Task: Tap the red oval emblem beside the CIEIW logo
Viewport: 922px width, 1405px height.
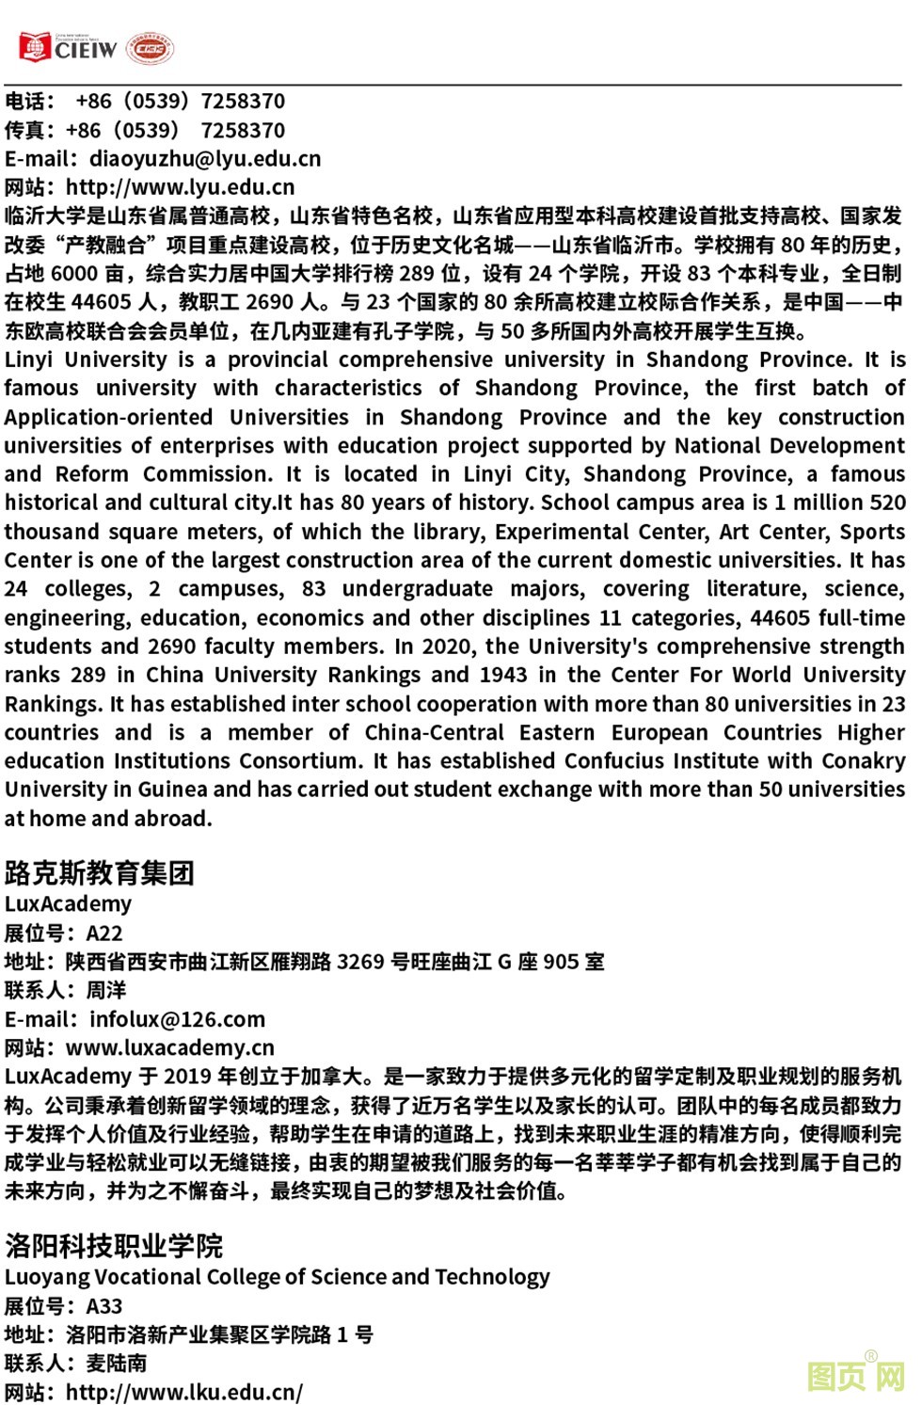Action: pyautogui.click(x=151, y=49)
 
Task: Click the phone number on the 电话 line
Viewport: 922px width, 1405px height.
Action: pyautogui.click(x=180, y=102)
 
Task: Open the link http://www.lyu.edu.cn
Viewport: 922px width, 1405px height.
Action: pyautogui.click(x=180, y=187)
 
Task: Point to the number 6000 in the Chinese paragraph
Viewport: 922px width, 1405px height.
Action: pyautogui.click(x=74, y=274)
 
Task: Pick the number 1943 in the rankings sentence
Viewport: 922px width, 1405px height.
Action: pyautogui.click(x=503, y=675)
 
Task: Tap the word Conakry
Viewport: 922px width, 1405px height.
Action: pyautogui.click(x=864, y=760)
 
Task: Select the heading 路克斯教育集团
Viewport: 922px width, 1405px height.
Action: pyautogui.click(x=100, y=873)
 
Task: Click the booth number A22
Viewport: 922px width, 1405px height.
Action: pyautogui.click(x=104, y=934)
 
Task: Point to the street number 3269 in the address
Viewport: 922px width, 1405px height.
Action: pyautogui.click(x=360, y=962)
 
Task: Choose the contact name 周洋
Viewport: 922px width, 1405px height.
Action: pyautogui.click(x=106, y=990)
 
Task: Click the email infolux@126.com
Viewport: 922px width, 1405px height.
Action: pyautogui.click(x=177, y=1019)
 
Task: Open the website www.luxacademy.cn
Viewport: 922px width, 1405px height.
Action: pyautogui.click(x=170, y=1047)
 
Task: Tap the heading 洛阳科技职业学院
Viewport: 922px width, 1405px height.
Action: pyautogui.click(x=114, y=1246)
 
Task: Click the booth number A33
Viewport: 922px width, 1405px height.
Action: pyautogui.click(x=104, y=1306)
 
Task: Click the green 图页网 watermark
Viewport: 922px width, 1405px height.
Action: pyautogui.click(x=855, y=1377)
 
